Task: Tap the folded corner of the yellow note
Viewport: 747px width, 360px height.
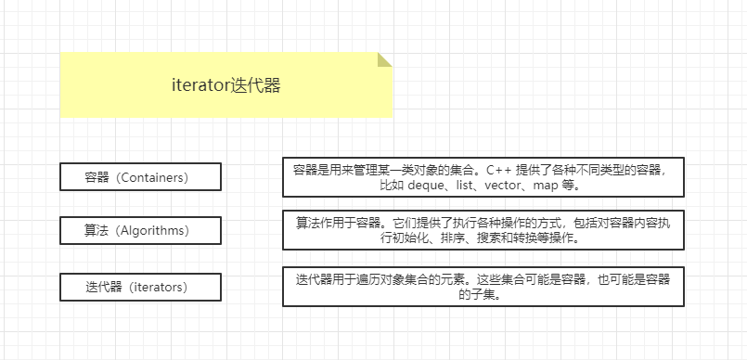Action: coord(384,59)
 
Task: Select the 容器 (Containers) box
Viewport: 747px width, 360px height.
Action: coord(140,176)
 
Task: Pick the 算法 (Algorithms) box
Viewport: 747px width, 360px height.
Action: coord(140,231)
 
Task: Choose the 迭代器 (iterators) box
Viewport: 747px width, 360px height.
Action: coord(140,287)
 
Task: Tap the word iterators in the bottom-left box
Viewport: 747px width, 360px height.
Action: coord(160,287)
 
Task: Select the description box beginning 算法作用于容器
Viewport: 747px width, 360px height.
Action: coord(483,230)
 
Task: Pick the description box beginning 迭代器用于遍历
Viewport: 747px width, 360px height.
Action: coord(483,287)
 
